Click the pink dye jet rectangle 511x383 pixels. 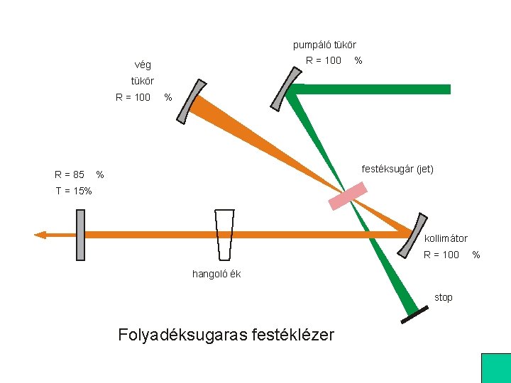coord(348,196)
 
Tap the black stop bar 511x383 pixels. coord(414,316)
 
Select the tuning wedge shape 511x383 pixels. coord(225,235)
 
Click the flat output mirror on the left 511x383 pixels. coord(80,235)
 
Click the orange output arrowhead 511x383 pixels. coord(41,235)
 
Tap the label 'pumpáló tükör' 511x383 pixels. coord(324,45)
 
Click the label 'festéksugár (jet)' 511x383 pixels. coord(397,169)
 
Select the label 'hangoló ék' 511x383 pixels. coord(216,274)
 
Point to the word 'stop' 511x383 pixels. coord(444,297)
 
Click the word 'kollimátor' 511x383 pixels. coord(446,238)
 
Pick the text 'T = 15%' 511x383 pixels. coord(73,191)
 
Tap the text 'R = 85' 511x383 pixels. coord(70,174)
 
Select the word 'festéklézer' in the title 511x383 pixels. coord(292,334)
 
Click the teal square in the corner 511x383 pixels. coord(495,367)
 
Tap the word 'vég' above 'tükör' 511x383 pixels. coord(142,65)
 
